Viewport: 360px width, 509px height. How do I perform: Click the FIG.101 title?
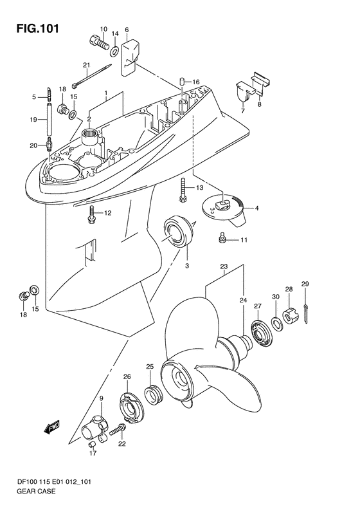pos(38,28)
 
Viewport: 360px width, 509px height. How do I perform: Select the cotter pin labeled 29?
pos(306,313)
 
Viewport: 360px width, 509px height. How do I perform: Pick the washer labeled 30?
pos(276,322)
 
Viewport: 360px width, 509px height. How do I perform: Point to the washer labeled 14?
pos(114,51)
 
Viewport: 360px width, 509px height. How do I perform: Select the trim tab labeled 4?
pos(224,211)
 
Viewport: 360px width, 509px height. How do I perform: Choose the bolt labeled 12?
pos(91,214)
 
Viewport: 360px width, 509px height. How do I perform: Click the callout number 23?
pos(224,266)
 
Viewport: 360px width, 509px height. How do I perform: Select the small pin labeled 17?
pos(93,445)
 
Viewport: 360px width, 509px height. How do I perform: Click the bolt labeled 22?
pos(117,430)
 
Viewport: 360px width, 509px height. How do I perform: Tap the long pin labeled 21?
pos(91,76)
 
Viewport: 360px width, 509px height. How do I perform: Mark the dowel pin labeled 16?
pos(183,82)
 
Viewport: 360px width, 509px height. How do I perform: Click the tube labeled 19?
pos(50,118)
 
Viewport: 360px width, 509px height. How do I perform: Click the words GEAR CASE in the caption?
pos(36,491)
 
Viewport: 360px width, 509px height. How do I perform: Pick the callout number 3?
pos(187,266)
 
